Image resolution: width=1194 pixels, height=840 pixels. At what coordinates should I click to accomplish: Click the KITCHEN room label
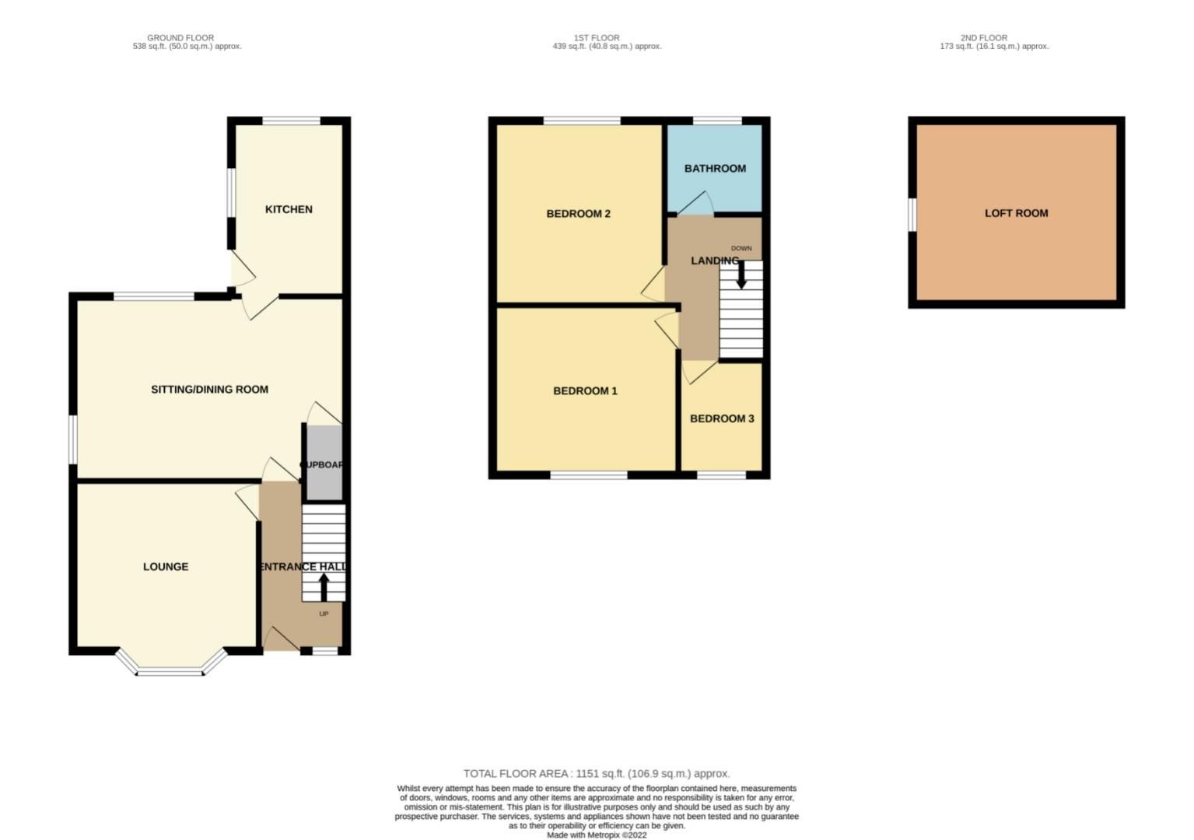[289, 209]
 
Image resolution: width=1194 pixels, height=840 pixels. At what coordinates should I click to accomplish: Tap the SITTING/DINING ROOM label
[209, 390]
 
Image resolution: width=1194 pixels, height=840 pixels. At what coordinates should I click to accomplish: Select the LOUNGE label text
[166, 567]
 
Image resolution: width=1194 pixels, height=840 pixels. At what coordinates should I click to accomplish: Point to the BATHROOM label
[715, 169]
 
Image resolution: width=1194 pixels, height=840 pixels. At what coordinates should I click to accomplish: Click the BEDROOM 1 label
[585, 391]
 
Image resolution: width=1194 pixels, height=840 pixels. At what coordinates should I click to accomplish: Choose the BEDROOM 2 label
[578, 214]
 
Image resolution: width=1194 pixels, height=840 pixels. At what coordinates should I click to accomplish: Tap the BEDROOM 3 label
[722, 419]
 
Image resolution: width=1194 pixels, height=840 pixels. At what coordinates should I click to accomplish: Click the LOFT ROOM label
[1016, 213]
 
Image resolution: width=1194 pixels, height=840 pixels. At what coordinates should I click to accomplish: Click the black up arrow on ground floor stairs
[324, 587]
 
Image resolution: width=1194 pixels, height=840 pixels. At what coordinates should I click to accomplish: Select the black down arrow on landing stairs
[741, 275]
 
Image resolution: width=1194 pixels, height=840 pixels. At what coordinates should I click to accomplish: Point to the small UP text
[324, 614]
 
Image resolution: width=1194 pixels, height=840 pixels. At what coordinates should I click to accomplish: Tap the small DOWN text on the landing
[741, 249]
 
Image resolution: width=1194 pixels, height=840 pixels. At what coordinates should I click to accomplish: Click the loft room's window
[912, 214]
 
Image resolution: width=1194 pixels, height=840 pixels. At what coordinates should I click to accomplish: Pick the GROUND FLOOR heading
[180, 37]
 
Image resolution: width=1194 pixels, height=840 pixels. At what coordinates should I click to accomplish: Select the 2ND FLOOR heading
[983, 37]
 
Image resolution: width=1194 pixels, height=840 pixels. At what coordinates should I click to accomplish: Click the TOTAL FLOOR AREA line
[597, 774]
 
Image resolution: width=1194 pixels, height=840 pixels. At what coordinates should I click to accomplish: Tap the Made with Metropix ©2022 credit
[597, 835]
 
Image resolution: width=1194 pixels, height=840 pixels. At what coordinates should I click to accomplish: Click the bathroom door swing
[696, 204]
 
